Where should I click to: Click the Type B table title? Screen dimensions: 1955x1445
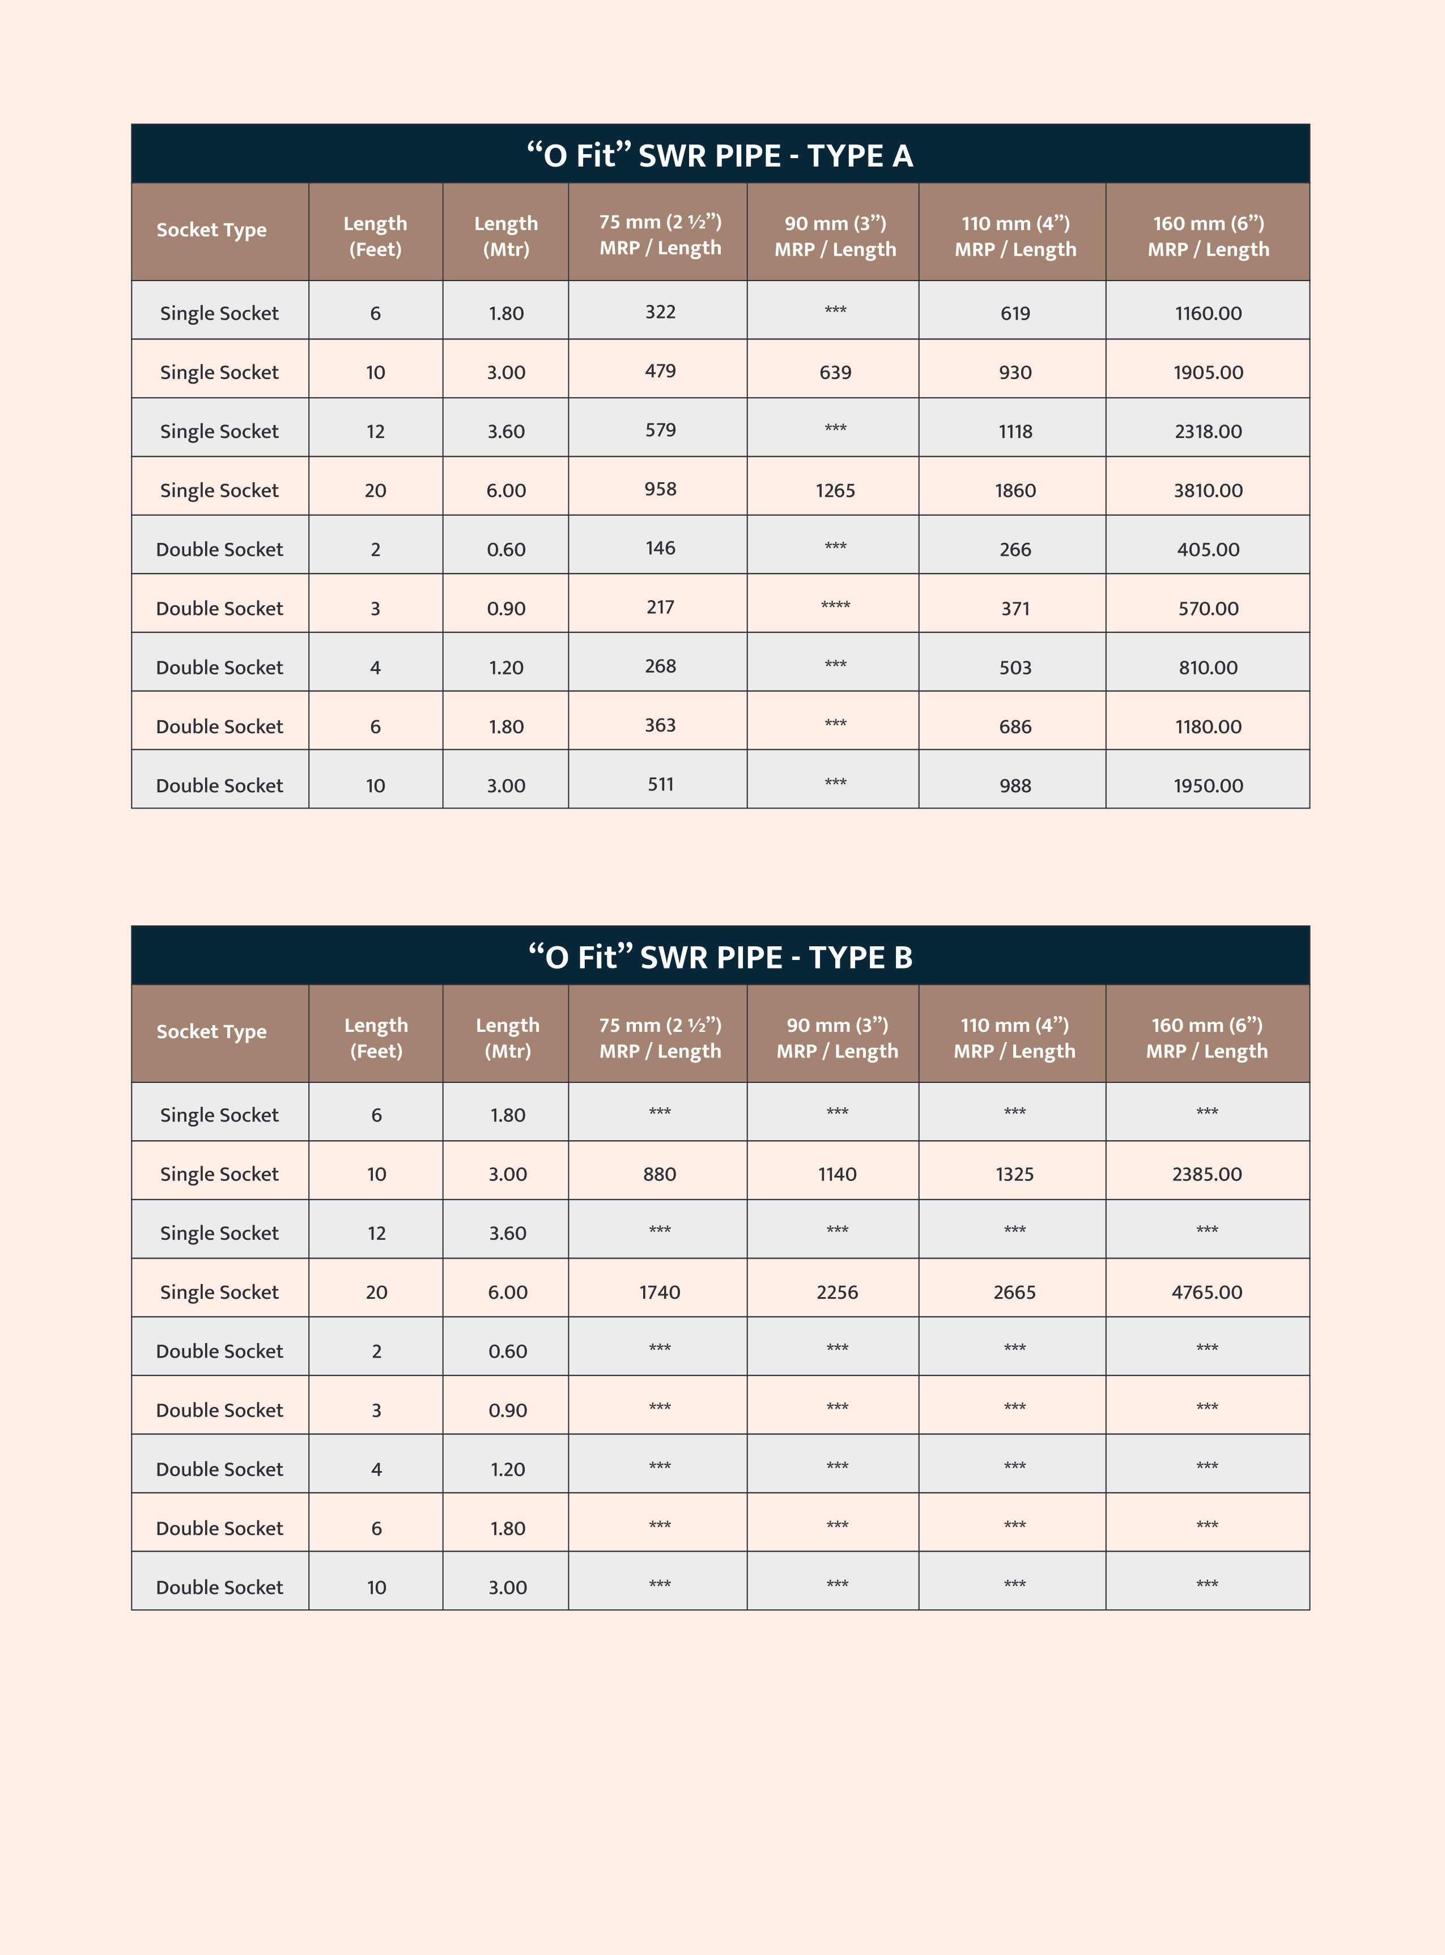pos(720,957)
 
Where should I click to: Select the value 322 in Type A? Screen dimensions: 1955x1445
pos(660,312)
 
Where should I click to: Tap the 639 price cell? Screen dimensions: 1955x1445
pos(835,372)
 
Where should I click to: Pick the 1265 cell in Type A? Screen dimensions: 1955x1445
pos(835,490)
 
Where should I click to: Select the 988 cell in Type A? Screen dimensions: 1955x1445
pos(1015,785)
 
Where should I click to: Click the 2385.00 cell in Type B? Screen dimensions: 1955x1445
pos(1206,1174)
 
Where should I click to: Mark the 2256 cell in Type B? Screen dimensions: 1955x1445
pos(836,1292)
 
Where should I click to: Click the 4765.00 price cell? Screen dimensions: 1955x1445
pos(1206,1292)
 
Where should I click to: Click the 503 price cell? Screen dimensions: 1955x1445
pos(1015,668)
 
